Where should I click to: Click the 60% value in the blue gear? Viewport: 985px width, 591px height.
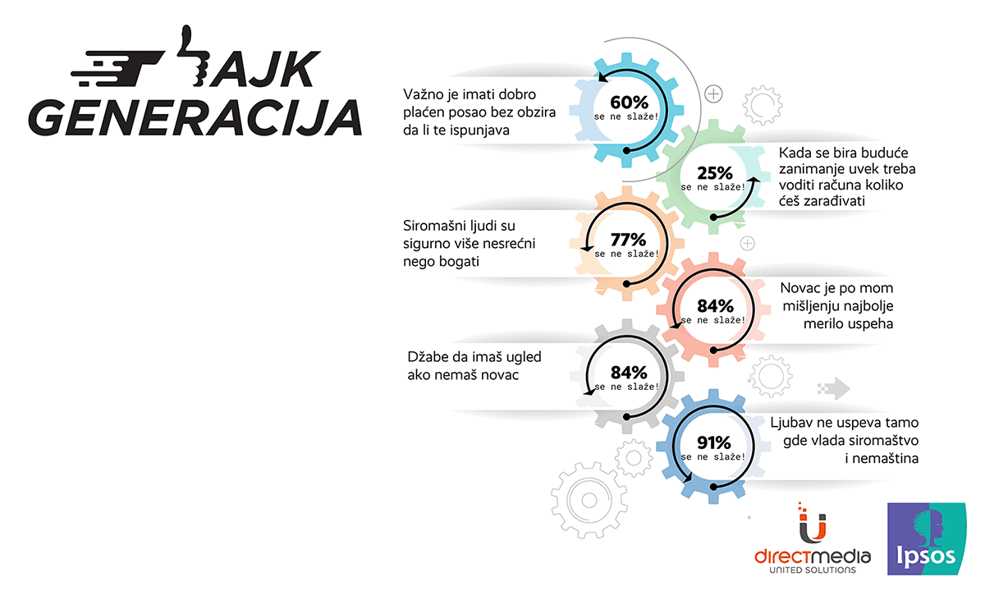coord(629,103)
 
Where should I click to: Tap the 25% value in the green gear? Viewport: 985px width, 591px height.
coord(715,173)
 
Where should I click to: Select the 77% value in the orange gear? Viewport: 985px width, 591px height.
coord(629,240)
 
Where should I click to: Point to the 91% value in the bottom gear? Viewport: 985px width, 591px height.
coord(713,442)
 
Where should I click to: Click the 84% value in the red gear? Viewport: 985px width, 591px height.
coord(716,305)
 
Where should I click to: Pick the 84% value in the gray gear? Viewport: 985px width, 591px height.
coord(629,373)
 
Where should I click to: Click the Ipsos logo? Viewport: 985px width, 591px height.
coord(927,538)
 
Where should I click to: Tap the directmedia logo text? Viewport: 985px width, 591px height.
coord(812,557)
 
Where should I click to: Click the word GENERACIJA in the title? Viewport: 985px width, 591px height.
coord(195,117)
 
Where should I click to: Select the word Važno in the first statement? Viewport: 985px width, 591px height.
coord(424,94)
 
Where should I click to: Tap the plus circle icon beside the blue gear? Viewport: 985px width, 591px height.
coord(713,94)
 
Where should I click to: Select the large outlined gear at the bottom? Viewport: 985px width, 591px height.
coord(589,500)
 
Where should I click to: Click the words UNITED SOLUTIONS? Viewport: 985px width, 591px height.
coord(812,570)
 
